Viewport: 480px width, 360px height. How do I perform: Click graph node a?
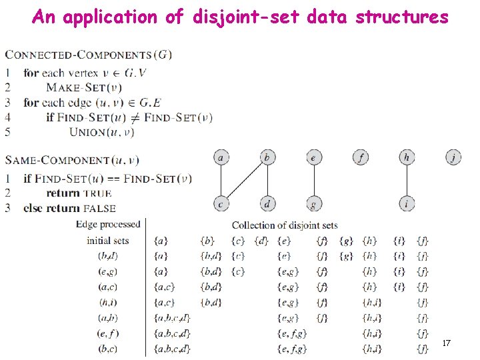click(x=221, y=158)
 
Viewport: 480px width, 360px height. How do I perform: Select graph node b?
click(x=267, y=158)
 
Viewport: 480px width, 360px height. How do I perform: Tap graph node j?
click(x=453, y=158)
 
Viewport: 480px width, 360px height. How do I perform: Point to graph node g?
click(x=313, y=203)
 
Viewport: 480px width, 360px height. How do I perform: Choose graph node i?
click(x=407, y=203)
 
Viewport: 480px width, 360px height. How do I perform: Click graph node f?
click(x=360, y=158)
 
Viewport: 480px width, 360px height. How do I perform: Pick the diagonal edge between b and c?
click(x=244, y=181)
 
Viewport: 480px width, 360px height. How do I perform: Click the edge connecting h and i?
click(x=407, y=181)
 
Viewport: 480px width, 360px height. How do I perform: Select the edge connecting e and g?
click(x=313, y=181)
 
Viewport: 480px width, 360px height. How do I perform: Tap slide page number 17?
click(x=447, y=343)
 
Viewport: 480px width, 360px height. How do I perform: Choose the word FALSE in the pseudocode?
click(x=100, y=209)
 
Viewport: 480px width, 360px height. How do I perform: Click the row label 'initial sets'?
click(x=107, y=240)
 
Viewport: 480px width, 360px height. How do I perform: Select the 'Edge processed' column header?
click(x=109, y=225)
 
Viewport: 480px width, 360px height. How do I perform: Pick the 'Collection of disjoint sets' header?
click(x=285, y=225)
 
